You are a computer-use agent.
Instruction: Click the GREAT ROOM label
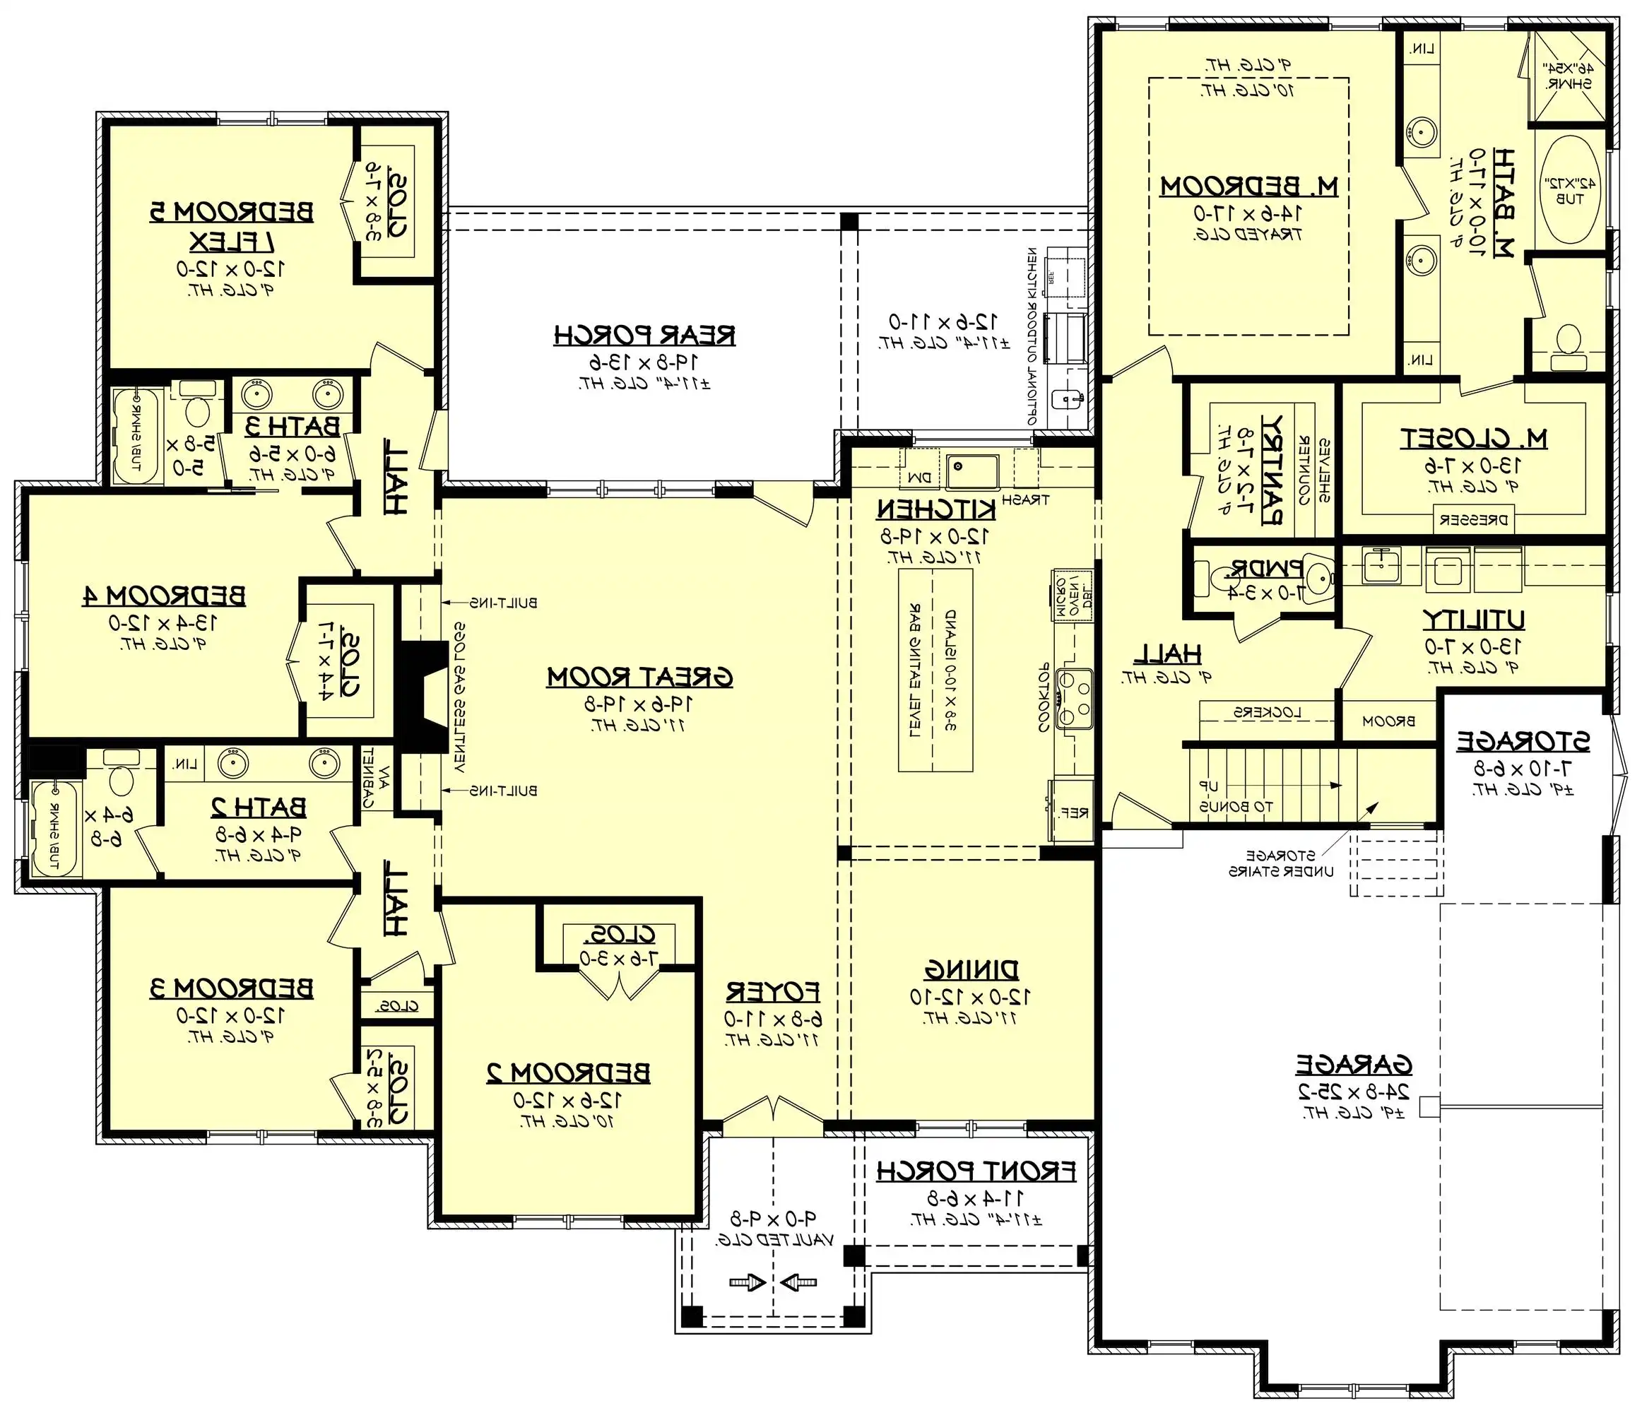pyautogui.click(x=639, y=678)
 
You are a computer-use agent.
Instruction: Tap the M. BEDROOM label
pyautogui.click(x=1249, y=187)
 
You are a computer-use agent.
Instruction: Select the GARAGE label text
pyautogui.click(x=1354, y=1064)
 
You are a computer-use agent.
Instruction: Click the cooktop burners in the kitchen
pyautogui.click(x=1075, y=698)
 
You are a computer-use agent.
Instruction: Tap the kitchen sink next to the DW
pyautogui.click(x=972, y=473)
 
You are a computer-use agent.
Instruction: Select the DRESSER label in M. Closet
pyautogui.click(x=1473, y=521)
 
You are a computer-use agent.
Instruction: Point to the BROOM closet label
pyautogui.click(x=1388, y=721)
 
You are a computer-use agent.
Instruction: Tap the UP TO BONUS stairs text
pyautogui.click(x=1236, y=807)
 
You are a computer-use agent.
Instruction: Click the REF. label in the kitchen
pyautogui.click(x=1074, y=812)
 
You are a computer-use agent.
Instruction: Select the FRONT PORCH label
pyautogui.click(x=976, y=1171)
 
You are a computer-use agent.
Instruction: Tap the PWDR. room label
pyautogui.click(x=1265, y=568)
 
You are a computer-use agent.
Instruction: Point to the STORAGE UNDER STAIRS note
pyautogui.click(x=1281, y=864)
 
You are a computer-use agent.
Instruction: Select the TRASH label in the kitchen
pyautogui.click(x=1024, y=499)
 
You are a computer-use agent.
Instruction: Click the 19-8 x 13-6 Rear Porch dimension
pyautogui.click(x=644, y=362)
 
